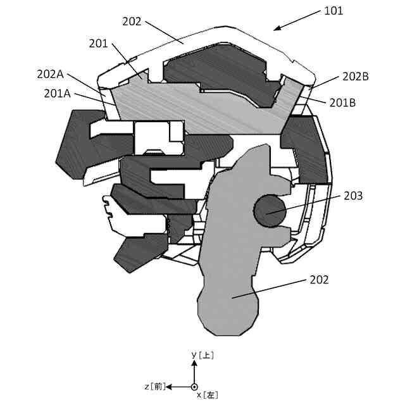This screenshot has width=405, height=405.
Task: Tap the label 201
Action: (99, 43)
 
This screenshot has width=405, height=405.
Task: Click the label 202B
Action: (356, 77)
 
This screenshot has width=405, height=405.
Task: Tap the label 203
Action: (353, 196)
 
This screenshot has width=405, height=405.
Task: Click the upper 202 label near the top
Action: (132, 21)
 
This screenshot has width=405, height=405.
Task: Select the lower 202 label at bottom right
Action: (319, 279)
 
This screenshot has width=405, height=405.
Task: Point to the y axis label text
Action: (202, 356)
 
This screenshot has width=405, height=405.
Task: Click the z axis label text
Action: (154, 386)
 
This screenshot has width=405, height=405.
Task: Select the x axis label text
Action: (208, 395)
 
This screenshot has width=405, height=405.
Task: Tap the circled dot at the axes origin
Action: (194, 387)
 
